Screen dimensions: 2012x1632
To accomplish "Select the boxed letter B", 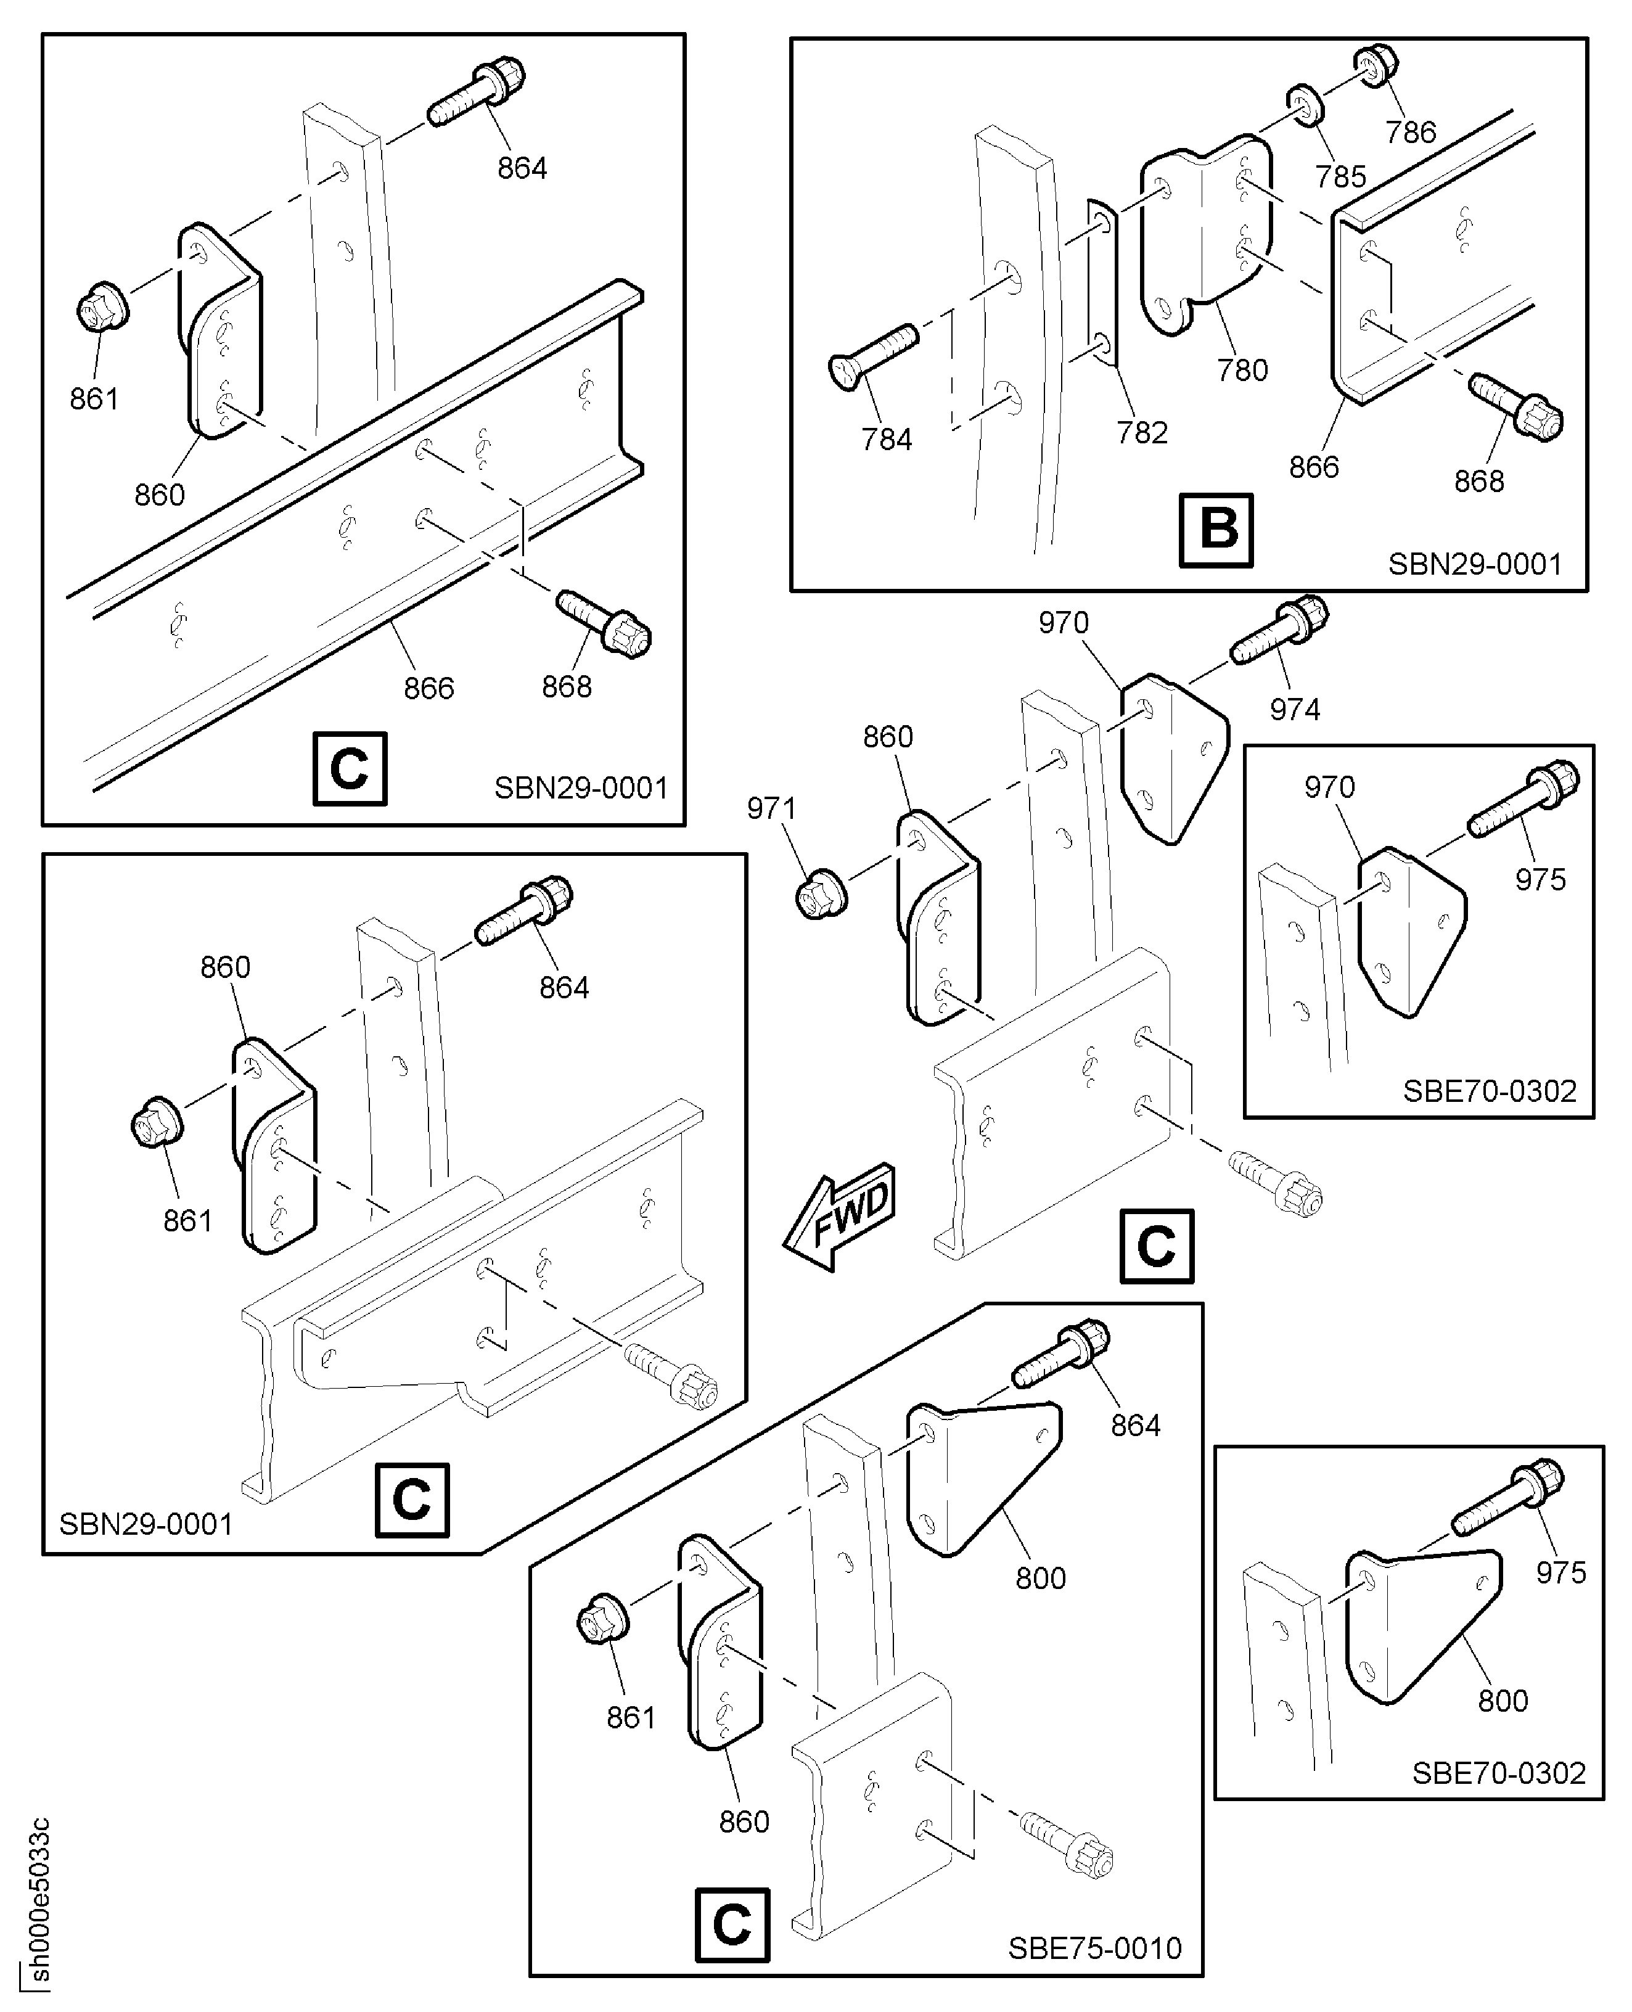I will point(1216,529).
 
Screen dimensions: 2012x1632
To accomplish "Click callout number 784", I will point(887,439).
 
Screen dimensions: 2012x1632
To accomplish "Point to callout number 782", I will point(1141,432).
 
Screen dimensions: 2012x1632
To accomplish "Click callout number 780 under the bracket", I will point(1242,371).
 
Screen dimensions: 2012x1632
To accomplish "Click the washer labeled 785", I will point(1306,104).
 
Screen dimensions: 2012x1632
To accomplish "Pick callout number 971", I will point(771,808).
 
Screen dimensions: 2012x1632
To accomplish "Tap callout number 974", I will point(1295,709).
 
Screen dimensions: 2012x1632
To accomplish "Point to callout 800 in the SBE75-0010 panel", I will point(1041,1578).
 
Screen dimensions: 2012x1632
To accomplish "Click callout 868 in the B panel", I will point(1478,482).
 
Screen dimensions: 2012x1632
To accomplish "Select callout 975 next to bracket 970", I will point(1540,879).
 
